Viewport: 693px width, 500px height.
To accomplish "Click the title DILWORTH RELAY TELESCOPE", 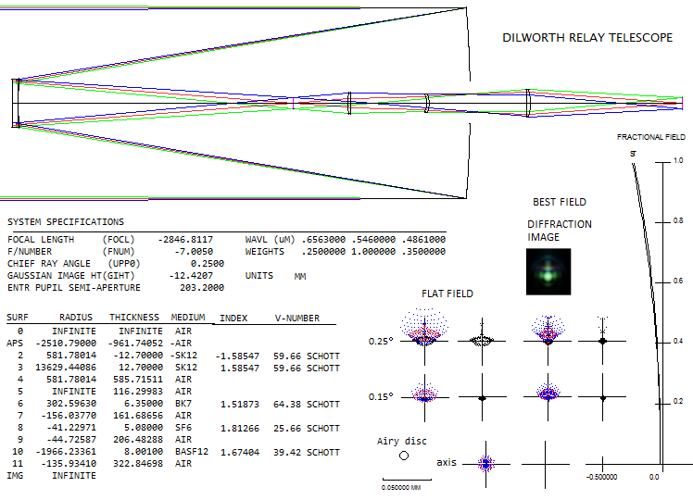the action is pyautogui.click(x=587, y=38).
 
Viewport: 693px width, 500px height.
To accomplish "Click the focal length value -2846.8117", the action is pyautogui.click(x=185, y=240).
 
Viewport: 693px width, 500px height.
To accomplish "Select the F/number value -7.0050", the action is pyautogui.click(x=194, y=251).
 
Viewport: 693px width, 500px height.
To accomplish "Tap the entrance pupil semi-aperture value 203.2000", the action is pyautogui.click(x=202, y=288).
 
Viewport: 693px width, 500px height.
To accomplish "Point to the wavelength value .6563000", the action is pyautogui.click(x=323, y=240).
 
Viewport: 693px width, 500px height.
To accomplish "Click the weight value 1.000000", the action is pyautogui.click(x=373, y=251).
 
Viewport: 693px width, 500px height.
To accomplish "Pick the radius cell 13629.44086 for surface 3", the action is pyautogui.click(x=66, y=367).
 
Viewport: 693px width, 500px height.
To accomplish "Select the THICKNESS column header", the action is pyautogui.click(x=134, y=318).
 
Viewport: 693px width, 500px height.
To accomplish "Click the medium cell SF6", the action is pyautogui.click(x=183, y=428).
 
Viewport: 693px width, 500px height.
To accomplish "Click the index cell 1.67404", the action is pyautogui.click(x=240, y=452).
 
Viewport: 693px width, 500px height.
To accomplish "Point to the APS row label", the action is pyautogui.click(x=15, y=344).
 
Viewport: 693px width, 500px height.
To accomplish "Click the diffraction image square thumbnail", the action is pyautogui.click(x=548, y=271).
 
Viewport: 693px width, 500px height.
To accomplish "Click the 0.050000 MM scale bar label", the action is pyautogui.click(x=401, y=488).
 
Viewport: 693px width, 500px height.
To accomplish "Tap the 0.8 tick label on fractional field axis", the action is pyautogui.click(x=678, y=220).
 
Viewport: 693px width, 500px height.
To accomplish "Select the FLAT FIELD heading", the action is pyautogui.click(x=447, y=294).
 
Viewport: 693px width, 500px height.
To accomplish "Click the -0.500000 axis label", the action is pyautogui.click(x=602, y=477).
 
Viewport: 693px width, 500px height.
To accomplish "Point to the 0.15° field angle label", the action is pyautogui.click(x=381, y=396).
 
